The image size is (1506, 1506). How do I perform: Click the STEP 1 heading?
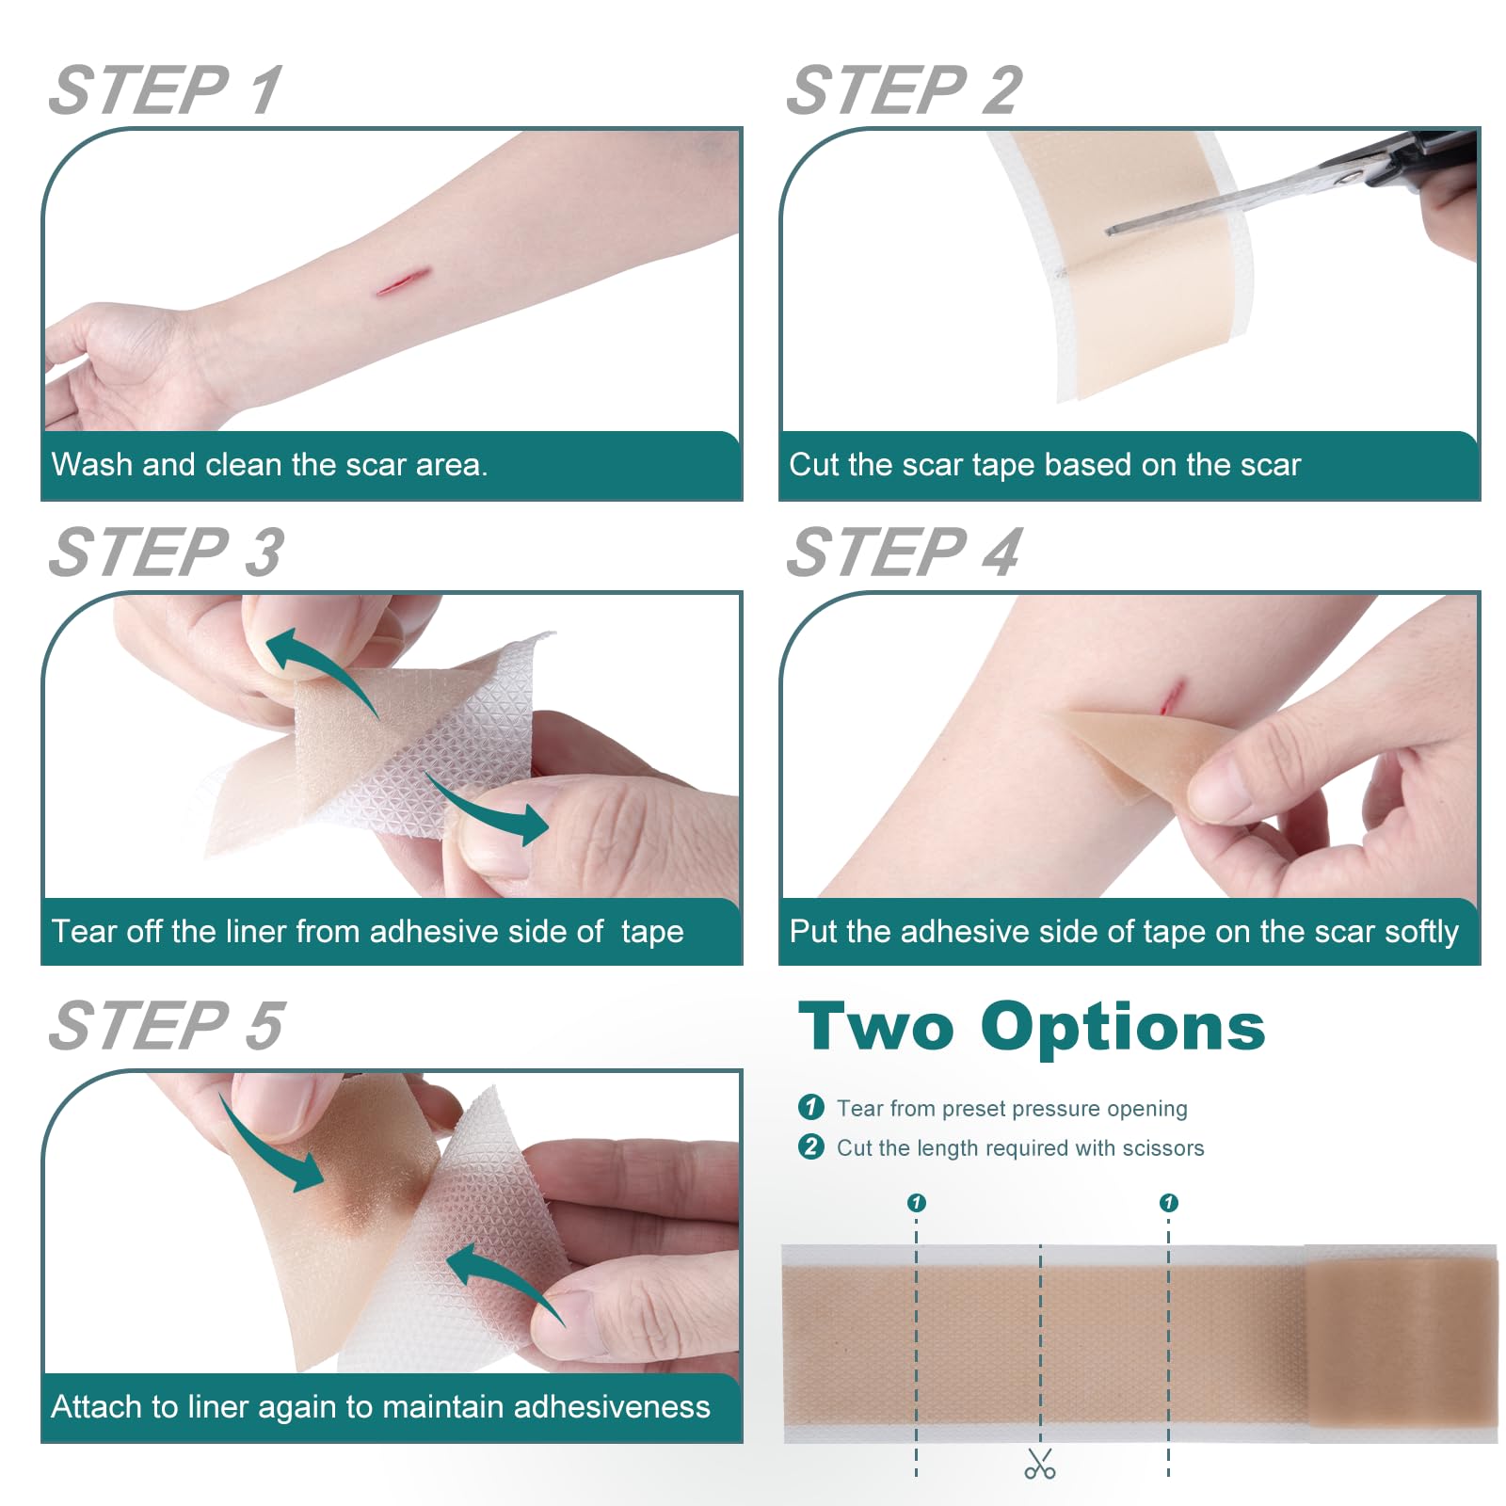(166, 90)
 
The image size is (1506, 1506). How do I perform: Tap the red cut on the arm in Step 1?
(403, 281)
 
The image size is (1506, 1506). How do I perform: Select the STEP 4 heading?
(904, 553)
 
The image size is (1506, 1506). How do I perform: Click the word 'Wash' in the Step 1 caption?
(91, 464)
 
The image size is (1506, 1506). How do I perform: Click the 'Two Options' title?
(1032, 1027)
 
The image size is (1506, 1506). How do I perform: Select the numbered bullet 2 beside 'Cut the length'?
(810, 1146)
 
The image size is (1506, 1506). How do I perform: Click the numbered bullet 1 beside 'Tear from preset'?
(810, 1107)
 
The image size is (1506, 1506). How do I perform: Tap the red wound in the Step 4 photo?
(1170, 697)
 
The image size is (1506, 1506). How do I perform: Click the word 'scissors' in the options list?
(1163, 1147)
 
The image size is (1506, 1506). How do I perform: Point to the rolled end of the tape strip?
(1402, 1343)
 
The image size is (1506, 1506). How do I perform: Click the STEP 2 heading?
(904, 90)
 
